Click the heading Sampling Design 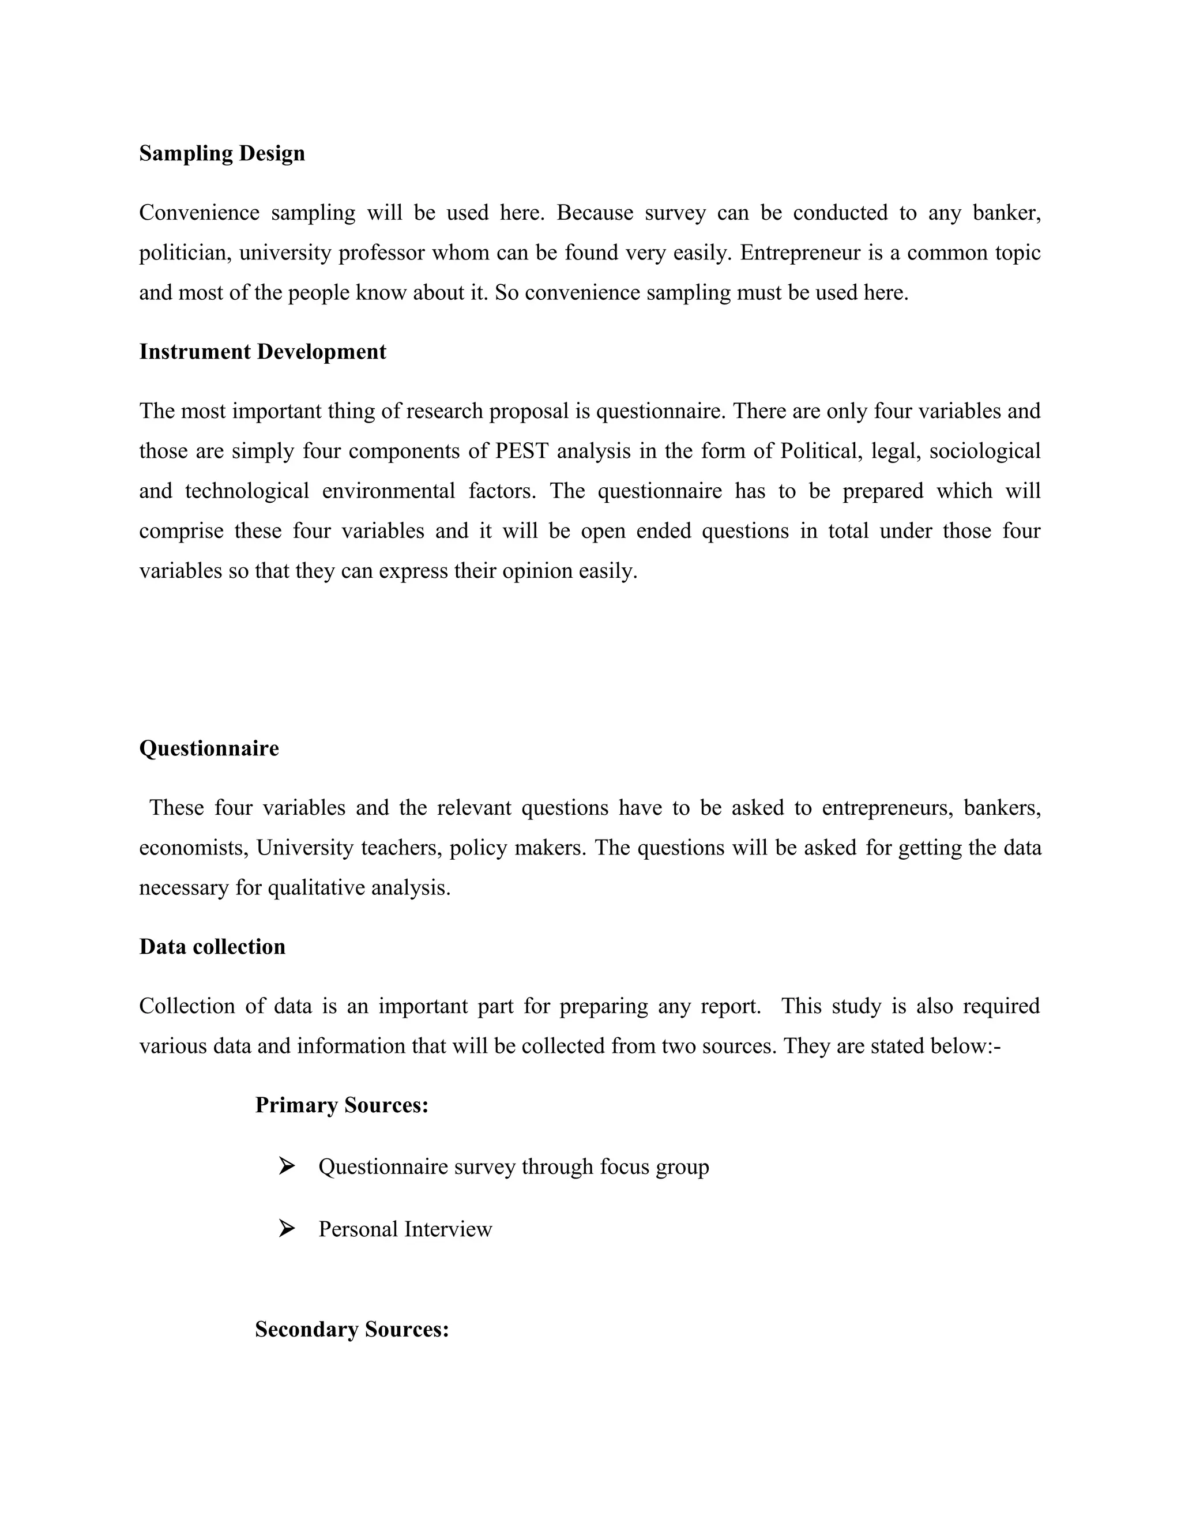(x=222, y=153)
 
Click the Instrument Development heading (x=262, y=351)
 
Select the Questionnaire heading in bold (x=209, y=748)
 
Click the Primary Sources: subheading (x=341, y=1105)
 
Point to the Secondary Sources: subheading (x=351, y=1328)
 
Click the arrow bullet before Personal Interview (x=286, y=1228)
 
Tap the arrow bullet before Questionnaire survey (x=286, y=1165)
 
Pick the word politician (x=186, y=253)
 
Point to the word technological (x=247, y=491)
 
